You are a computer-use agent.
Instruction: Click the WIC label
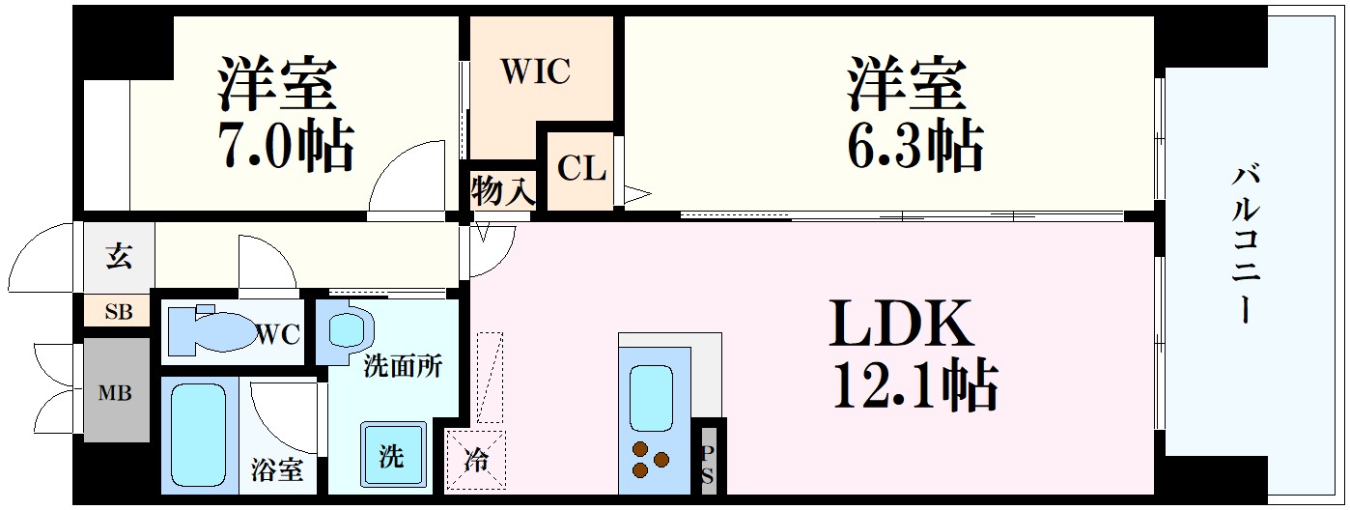535,71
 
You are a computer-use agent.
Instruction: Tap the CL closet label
581,168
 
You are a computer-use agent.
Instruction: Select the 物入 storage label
503,191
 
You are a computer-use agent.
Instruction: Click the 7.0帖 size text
286,145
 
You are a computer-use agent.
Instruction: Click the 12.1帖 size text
914,384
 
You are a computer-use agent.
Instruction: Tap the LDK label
901,323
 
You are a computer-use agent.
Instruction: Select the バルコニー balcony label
1245,243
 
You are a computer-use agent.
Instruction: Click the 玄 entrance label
119,256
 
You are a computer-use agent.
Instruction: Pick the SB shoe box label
118,312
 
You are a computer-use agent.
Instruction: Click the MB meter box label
115,393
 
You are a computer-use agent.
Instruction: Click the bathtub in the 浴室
198,434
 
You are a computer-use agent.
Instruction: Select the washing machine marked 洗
393,454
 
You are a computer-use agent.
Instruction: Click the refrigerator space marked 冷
475,461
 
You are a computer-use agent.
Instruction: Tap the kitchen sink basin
651,398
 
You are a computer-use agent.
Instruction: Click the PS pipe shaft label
708,465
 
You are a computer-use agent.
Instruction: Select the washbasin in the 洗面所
346,332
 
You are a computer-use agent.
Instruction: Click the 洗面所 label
403,366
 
